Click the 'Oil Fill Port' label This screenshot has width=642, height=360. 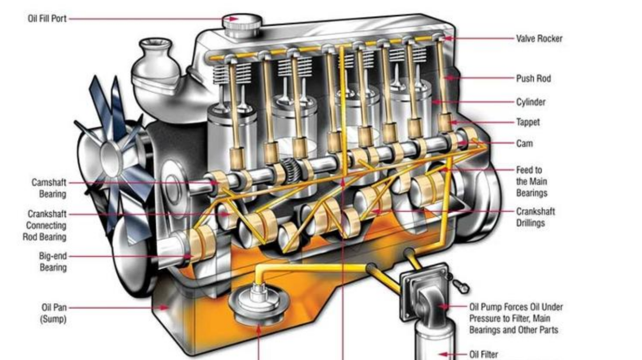point(46,19)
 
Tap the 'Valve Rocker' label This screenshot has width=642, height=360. point(539,38)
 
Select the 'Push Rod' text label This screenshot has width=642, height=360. point(533,78)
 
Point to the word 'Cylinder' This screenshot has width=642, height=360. point(531,102)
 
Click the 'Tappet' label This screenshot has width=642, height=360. point(527,122)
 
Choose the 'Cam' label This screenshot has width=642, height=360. point(524,143)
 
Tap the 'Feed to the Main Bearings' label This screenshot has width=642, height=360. point(531,181)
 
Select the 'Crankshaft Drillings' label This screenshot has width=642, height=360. point(536,218)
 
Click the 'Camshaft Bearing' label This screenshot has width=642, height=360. point(49,188)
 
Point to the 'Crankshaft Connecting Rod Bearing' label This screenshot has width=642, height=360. point(45,225)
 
